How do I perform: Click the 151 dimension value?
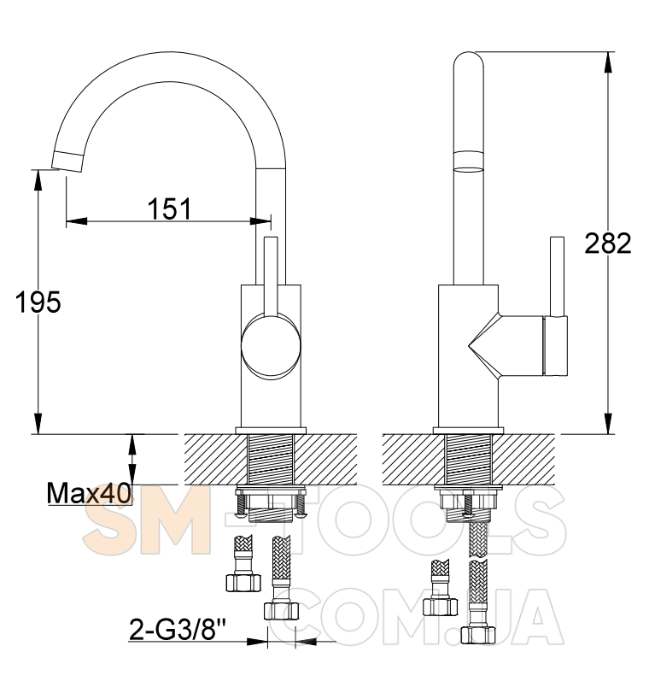click(169, 208)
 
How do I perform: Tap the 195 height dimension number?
click(38, 302)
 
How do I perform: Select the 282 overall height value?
click(608, 243)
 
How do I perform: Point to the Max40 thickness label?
click(89, 493)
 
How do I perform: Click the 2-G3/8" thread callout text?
click(178, 630)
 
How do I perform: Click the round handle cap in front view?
click(271, 346)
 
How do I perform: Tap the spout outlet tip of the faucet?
click(67, 161)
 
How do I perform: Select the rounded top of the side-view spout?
click(469, 61)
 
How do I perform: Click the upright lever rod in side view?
click(557, 277)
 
